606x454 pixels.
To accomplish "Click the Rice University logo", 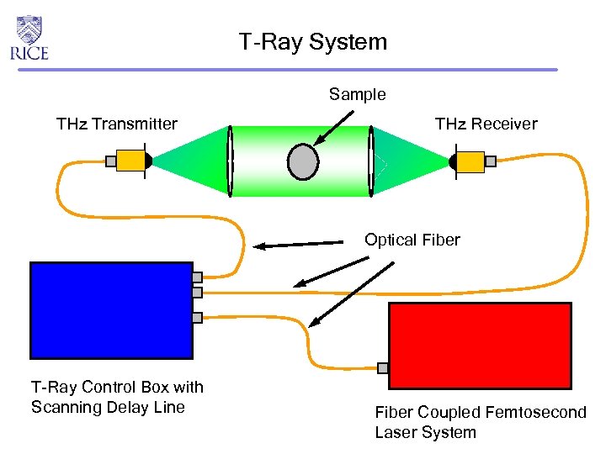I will (x=29, y=38).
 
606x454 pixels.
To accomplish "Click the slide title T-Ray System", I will (x=312, y=42).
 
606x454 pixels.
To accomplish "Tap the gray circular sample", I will (x=302, y=161).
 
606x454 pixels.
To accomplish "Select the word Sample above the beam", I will (x=357, y=94).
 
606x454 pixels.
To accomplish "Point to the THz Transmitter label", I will (x=116, y=124).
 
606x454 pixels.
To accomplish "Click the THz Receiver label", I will (x=486, y=124).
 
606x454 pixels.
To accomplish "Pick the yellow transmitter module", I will (x=131, y=161).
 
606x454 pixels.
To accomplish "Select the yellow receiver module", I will (x=470, y=161).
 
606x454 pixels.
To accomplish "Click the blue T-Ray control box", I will (x=111, y=309).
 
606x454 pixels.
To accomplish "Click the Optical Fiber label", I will (x=412, y=240).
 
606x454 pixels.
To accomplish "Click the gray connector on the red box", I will (x=383, y=367).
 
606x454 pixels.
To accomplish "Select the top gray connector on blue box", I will (x=197, y=277).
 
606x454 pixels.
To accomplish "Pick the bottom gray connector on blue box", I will (x=197, y=318).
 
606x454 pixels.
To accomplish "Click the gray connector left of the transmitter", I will (x=110, y=161).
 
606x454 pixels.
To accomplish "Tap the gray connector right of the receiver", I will (x=491, y=161).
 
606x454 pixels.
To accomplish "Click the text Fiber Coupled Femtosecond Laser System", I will (x=480, y=422).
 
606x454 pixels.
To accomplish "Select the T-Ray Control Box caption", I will (x=117, y=397).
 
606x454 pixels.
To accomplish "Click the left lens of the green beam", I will (x=230, y=161).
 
